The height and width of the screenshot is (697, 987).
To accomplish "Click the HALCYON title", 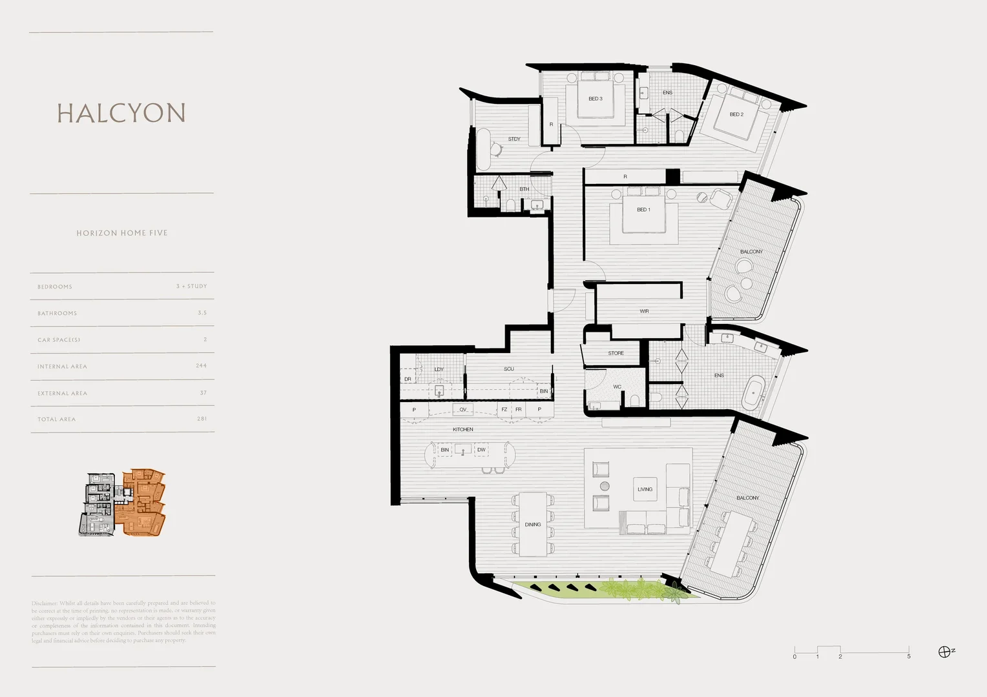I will click(121, 113).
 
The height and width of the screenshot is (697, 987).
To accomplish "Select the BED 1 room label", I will click(643, 210).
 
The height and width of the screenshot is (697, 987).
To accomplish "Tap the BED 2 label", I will click(736, 114).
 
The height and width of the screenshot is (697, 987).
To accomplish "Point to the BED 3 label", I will click(596, 99).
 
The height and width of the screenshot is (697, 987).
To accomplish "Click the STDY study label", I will click(514, 139).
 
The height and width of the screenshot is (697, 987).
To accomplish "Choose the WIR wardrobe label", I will click(644, 311).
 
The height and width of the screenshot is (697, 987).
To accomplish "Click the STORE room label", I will click(616, 353).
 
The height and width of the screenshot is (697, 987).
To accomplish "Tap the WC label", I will click(617, 387).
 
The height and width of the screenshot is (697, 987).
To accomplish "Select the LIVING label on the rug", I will click(645, 489).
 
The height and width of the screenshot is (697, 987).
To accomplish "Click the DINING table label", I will click(533, 525).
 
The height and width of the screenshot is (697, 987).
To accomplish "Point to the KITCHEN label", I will click(462, 429).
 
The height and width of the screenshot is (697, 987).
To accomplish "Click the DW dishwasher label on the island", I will click(481, 450).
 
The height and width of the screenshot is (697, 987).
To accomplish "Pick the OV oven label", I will click(462, 410).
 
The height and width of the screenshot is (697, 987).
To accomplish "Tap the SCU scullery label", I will click(509, 369).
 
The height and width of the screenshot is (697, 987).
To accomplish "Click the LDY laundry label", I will click(439, 369).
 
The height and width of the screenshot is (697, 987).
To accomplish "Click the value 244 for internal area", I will click(202, 366).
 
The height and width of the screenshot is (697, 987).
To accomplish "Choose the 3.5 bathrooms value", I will click(202, 313).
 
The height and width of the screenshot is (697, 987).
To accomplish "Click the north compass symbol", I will click(944, 652).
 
